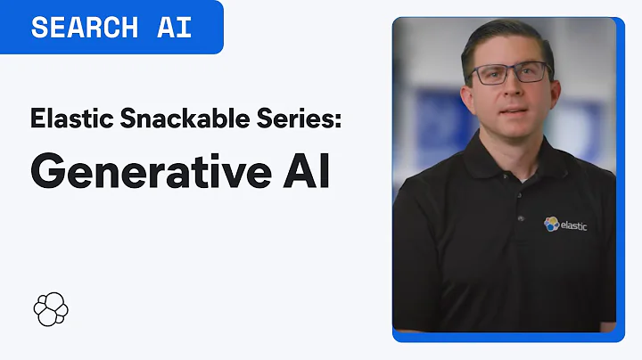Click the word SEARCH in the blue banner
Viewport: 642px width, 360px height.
[x=86, y=27]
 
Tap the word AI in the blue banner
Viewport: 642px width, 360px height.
[x=174, y=27]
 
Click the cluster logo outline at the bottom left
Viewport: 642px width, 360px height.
[x=51, y=308]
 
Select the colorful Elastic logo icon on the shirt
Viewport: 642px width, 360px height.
[x=551, y=224]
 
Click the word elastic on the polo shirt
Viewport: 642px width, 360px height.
[x=575, y=225]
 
